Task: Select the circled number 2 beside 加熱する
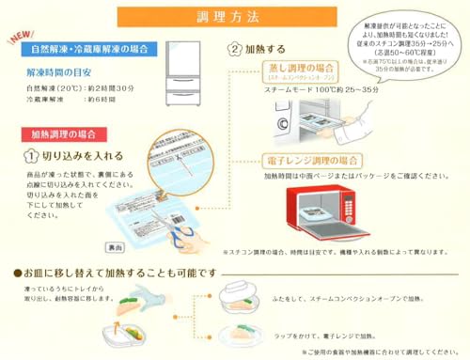pyautogui.click(x=236, y=48)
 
